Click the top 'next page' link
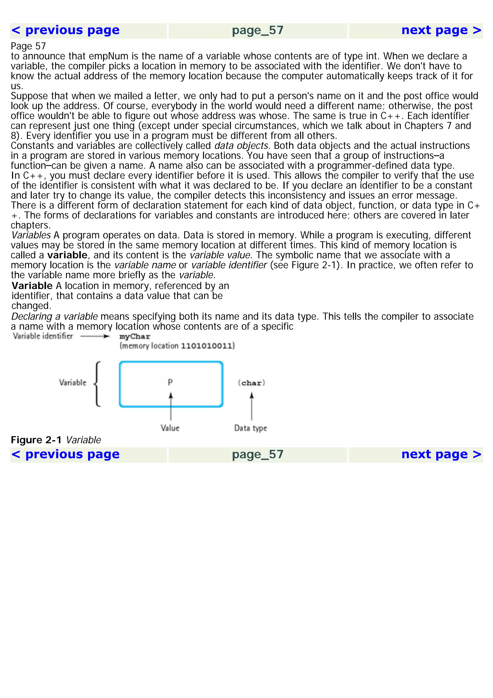coord(441,30)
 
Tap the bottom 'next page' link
coord(441,454)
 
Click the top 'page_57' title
coord(258,30)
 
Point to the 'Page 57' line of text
coord(28,46)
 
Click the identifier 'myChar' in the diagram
coord(135,336)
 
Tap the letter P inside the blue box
coord(170,382)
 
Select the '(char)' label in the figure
coord(252,383)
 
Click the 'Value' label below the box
coord(170,428)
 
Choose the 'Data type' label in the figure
coord(251,428)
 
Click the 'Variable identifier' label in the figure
coord(43,336)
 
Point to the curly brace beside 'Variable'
coord(97,384)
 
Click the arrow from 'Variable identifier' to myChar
coord(95,336)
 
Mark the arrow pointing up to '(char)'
coord(252,406)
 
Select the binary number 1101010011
coord(208,346)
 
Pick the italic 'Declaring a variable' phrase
coord(54,316)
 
